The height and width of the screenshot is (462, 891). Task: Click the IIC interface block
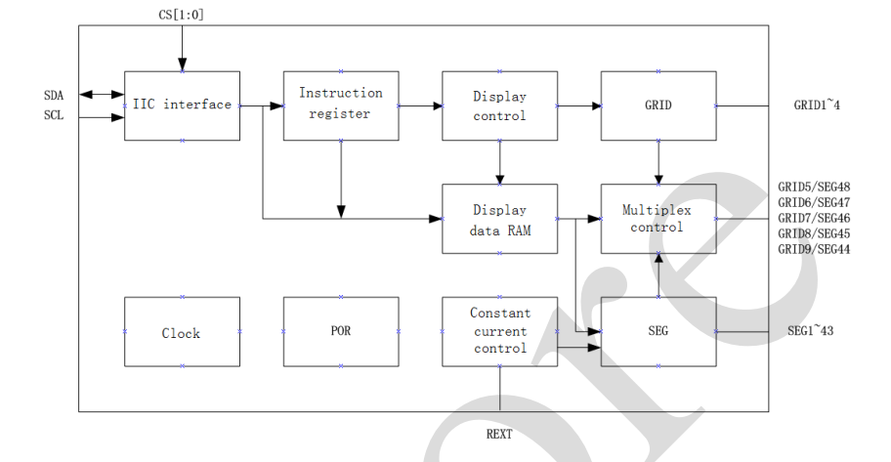tap(182, 105)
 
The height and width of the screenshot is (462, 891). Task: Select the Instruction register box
tap(340, 105)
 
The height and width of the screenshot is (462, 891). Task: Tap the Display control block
tap(499, 105)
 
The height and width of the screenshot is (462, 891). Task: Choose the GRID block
tap(658, 105)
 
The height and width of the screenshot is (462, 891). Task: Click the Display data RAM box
tap(499, 219)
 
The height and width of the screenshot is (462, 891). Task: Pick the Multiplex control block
tap(658, 219)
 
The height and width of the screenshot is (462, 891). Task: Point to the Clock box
tap(182, 332)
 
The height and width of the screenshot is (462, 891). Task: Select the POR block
tap(340, 332)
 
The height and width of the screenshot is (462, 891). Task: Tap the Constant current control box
tap(499, 331)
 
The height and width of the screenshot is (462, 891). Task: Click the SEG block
tap(658, 332)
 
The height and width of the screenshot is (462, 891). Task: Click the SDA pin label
tap(54, 95)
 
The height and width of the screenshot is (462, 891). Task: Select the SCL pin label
tap(54, 115)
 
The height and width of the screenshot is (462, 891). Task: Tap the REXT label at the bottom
tap(499, 434)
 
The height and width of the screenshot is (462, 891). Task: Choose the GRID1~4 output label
tap(817, 105)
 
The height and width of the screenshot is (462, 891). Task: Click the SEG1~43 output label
tap(810, 331)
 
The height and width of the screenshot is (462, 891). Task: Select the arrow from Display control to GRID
tap(578, 105)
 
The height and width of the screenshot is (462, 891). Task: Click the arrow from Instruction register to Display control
tap(420, 105)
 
